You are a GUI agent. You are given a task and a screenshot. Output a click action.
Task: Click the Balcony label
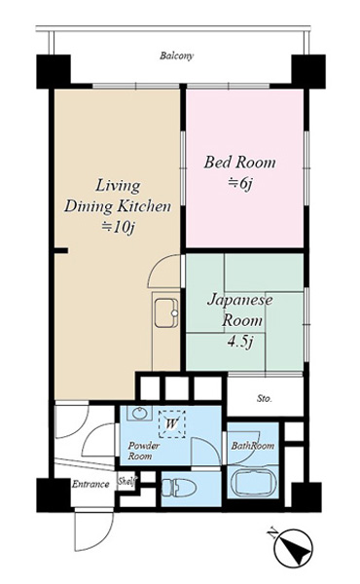(x=177, y=56)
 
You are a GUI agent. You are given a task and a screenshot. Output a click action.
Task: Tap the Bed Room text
(x=239, y=163)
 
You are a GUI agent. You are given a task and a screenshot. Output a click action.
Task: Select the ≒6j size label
(x=240, y=184)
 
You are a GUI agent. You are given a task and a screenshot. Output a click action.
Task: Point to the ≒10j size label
(x=118, y=227)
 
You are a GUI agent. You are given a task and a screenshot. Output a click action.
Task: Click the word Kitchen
(x=144, y=206)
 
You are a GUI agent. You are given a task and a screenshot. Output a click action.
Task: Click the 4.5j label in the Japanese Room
(x=240, y=342)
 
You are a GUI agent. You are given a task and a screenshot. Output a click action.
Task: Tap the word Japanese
(x=239, y=301)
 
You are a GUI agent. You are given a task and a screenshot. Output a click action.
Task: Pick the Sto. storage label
(x=265, y=399)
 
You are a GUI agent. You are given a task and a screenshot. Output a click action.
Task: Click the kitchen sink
(x=166, y=312)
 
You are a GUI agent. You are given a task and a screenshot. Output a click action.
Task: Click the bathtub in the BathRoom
(x=253, y=485)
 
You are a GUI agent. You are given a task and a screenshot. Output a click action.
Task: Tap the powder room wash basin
(x=140, y=413)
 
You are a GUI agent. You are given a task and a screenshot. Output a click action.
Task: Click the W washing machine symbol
(x=171, y=423)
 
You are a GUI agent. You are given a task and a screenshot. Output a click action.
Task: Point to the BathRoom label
(x=253, y=446)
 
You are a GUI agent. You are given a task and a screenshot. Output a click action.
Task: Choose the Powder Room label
(x=143, y=451)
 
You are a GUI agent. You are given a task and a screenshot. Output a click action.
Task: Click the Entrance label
(x=90, y=484)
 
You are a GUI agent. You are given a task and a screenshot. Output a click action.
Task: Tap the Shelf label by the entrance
(x=126, y=481)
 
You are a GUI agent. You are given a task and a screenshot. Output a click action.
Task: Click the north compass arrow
(x=293, y=547)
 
